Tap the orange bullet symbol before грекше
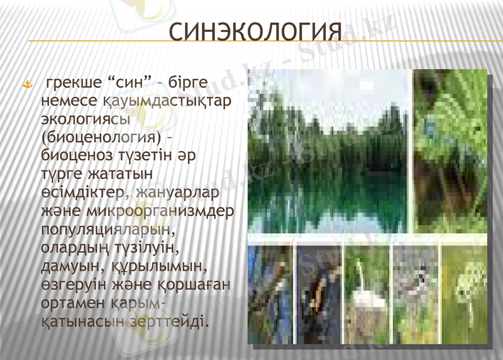click(28, 84)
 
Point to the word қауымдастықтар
click(168, 101)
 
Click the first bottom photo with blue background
click(270, 295)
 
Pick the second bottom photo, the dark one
click(318, 295)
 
